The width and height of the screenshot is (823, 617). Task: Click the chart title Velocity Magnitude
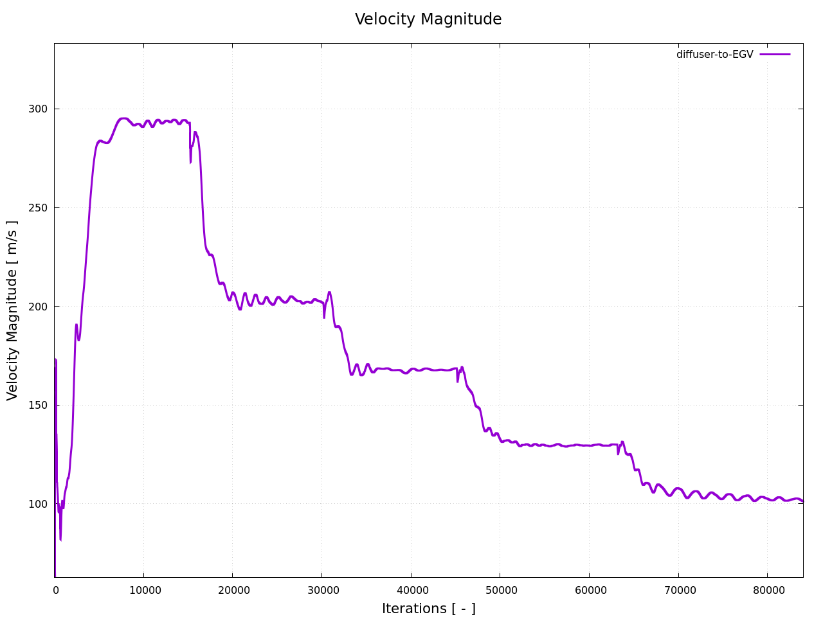pyautogui.click(x=428, y=19)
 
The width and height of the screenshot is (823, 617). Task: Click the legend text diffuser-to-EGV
pyautogui.click(x=714, y=55)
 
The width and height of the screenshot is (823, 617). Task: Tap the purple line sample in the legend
pyautogui.click(x=775, y=55)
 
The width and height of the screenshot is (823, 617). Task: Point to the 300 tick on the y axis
pyautogui.click(x=38, y=109)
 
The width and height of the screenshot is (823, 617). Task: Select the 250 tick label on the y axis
pyautogui.click(x=38, y=208)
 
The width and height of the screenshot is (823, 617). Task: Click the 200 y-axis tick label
pyautogui.click(x=38, y=307)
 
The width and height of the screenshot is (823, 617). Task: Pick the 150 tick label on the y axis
pyautogui.click(x=38, y=406)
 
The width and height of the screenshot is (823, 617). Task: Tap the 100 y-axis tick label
pyautogui.click(x=38, y=504)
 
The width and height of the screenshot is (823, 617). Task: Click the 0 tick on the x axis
pyautogui.click(x=55, y=590)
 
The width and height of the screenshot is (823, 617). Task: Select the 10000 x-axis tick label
pyautogui.click(x=143, y=590)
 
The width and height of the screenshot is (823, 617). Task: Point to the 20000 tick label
pyautogui.click(x=232, y=590)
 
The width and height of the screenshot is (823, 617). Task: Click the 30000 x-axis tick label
pyautogui.click(x=321, y=590)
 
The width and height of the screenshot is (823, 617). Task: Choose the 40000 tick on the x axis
pyautogui.click(x=410, y=590)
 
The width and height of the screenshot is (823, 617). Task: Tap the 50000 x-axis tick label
pyautogui.click(x=500, y=590)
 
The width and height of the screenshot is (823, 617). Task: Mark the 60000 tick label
pyautogui.click(x=588, y=590)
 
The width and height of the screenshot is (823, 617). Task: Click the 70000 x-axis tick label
pyautogui.click(x=678, y=590)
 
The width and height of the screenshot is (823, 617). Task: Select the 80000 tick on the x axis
pyautogui.click(x=766, y=590)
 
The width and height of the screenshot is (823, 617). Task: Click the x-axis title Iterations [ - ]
pyautogui.click(x=428, y=609)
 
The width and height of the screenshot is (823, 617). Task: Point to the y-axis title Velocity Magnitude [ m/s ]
pyautogui.click(x=13, y=310)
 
